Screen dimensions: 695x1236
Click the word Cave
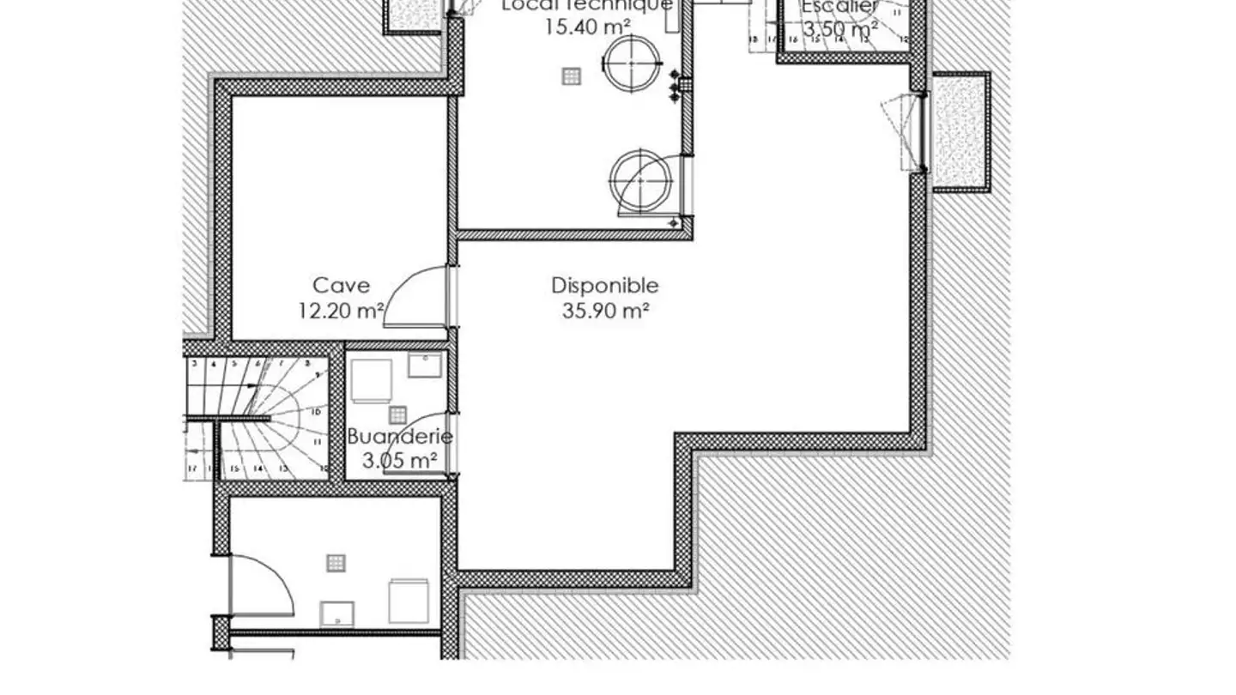point(341,286)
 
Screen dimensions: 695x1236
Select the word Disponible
point(604,286)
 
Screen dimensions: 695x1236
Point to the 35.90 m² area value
point(604,311)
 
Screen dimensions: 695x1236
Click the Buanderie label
point(399,437)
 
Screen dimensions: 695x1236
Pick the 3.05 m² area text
point(399,461)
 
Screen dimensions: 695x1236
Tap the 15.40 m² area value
point(586,27)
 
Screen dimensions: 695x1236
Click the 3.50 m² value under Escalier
point(839,28)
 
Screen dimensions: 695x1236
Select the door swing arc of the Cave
point(415,296)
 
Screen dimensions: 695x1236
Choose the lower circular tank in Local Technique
point(639,181)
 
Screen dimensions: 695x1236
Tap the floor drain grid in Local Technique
point(572,76)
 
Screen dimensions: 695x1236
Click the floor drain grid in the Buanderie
point(397,415)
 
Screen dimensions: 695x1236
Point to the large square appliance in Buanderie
point(372,380)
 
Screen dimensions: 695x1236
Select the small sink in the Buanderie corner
point(425,365)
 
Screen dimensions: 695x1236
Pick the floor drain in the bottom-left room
point(336,563)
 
